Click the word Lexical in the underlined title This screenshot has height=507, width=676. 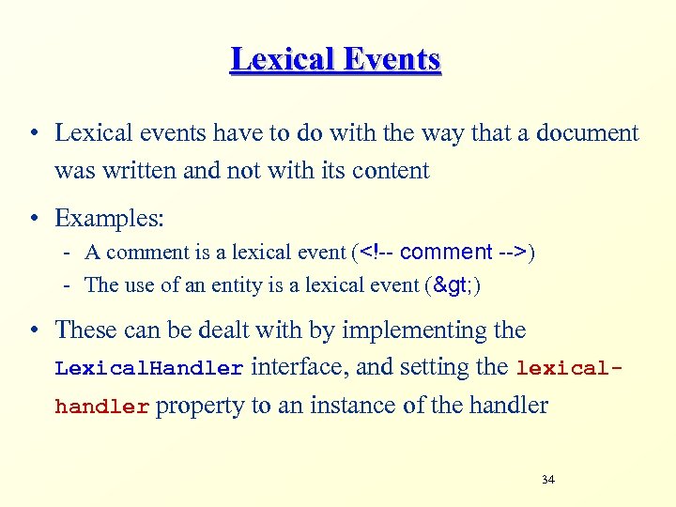click(275, 59)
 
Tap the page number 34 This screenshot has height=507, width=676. click(548, 480)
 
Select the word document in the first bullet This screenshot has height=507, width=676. click(587, 133)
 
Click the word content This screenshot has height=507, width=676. click(386, 170)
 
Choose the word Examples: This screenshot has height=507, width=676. click(109, 219)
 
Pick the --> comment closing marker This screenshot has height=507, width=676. click(513, 252)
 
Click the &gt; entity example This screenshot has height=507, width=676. click(450, 284)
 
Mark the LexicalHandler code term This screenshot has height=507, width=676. click(149, 369)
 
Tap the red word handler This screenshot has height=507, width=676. click(101, 407)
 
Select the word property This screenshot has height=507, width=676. click(195, 407)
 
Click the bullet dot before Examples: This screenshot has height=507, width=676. click(33, 220)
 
